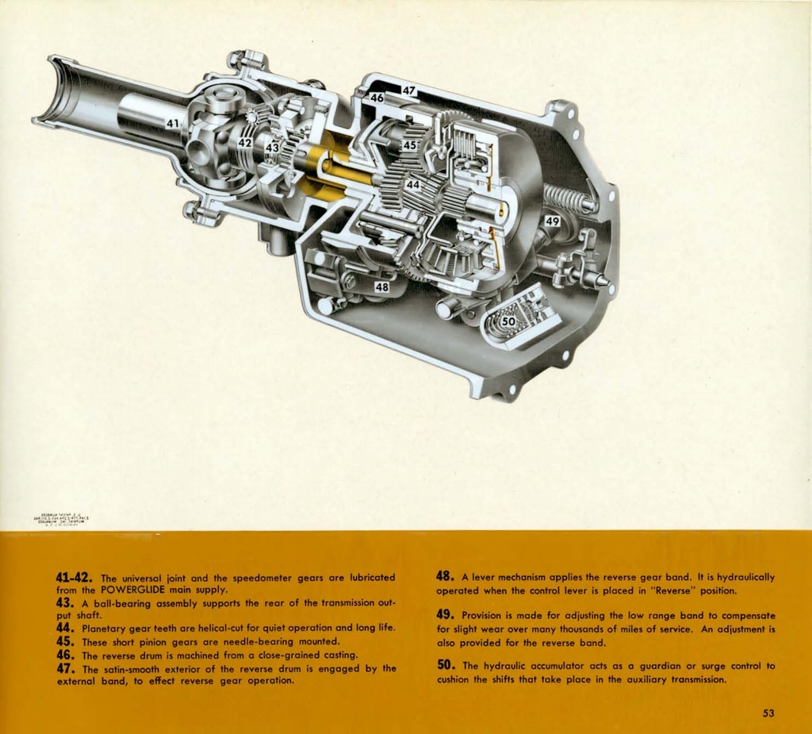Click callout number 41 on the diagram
(x=173, y=123)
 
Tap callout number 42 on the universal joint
(x=245, y=142)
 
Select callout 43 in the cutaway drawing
(x=272, y=148)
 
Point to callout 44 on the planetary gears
(x=412, y=184)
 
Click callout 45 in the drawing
(x=409, y=145)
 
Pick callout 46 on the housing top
(x=377, y=98)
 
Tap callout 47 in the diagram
(x=408, y=91)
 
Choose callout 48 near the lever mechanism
(x=381, y=286)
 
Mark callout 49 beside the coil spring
(x=553, y=221)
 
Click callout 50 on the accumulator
(x=508, y=321)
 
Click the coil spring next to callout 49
(x=567, y=198)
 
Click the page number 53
(x=768, y=713)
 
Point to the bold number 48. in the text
(x=446, y=576)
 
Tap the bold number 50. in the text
(x=446, y=665)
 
